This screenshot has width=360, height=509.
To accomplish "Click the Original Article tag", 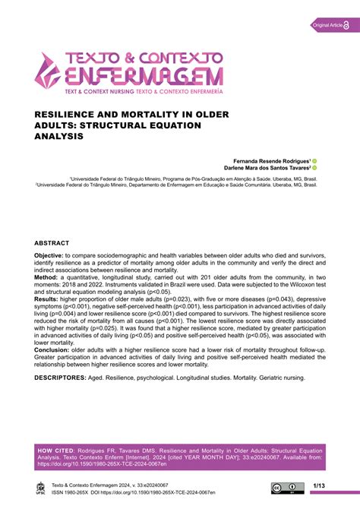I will [x=326, y=27].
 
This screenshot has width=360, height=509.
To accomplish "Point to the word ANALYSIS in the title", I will [x=59, y=136].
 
